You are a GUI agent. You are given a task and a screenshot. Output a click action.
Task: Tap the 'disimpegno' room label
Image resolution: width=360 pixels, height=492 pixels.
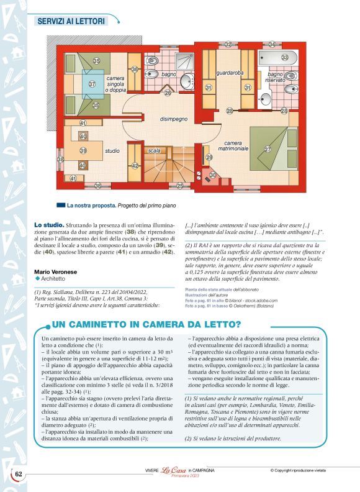click(x=174, y=119)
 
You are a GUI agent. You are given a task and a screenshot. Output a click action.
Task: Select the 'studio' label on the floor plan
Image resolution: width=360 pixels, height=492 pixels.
click(x=112, y=151)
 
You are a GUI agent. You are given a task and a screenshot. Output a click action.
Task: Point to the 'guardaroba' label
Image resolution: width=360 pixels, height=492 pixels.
click(x=230, y=73)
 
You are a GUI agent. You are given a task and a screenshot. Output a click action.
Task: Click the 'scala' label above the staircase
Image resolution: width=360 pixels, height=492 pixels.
click(x=155, y=151)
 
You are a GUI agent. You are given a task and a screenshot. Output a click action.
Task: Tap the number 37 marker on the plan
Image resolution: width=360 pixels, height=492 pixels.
click(x=92, y=84)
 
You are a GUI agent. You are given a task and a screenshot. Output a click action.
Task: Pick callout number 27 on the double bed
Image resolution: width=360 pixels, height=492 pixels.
click(x=268, y=150)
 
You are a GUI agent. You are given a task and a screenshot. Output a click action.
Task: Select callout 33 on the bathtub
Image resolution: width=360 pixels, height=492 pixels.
click(x=285, y=57)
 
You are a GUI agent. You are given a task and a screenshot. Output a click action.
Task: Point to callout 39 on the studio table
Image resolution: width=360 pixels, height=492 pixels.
click(x=83, y=151)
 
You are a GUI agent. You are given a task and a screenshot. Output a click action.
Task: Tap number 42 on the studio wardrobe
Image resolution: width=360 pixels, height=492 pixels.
click(x=134, y=166)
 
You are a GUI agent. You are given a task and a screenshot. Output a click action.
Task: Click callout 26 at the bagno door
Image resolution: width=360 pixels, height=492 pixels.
click(x=168, y=93)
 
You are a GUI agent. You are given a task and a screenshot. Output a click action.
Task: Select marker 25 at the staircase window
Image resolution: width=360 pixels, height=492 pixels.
click(x=180, y=186)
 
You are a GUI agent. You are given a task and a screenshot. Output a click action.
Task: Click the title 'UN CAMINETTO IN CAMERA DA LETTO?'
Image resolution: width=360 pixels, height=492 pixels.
click(x=146, y=324)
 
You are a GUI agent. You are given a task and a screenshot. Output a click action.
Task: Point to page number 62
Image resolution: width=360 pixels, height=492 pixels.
click(x=19, y=475)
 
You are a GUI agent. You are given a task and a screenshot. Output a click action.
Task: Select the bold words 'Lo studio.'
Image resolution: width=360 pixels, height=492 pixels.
click(x=49, y=224)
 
